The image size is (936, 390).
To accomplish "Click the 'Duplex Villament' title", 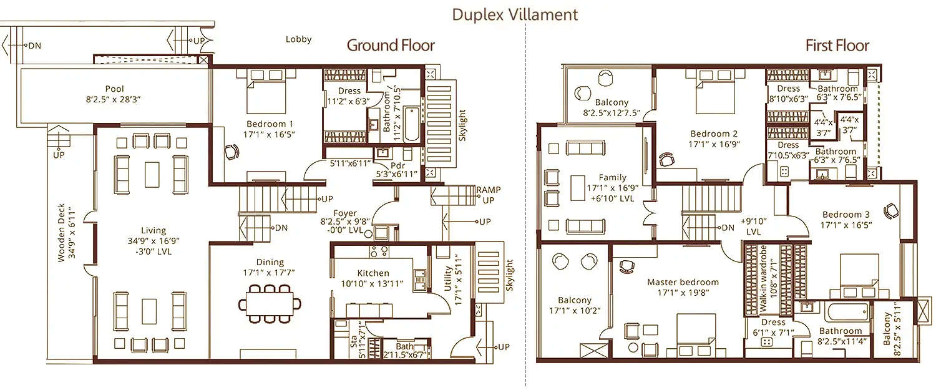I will [515, 14].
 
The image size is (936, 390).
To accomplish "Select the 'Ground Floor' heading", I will [391, 45].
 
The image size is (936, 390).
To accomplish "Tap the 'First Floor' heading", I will [837, 45].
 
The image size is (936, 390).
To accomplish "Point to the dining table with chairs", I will [270, 303].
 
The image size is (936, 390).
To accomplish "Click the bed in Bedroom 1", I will [268, 90].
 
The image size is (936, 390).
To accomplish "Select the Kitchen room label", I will [373, 273].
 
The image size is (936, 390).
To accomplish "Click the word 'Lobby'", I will [298, 39].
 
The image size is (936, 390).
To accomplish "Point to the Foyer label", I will [345, 213].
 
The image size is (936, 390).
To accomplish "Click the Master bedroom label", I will [683, 282].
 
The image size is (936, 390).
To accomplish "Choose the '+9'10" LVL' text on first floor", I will [754, 226].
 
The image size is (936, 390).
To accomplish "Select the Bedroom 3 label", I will [846, 214].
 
